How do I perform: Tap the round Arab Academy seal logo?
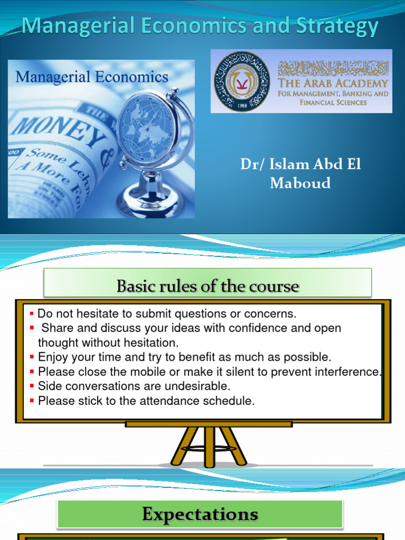click(242, 81)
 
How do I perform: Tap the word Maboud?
click(300, 183)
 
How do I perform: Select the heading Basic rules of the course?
click(208, 286)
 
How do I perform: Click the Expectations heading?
click(200, 514)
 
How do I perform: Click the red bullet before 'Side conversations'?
click(32, 385)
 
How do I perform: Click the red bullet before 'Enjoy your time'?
click(32, 357)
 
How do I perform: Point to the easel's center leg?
click(210, 446)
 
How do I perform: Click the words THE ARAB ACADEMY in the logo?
click(333, 83)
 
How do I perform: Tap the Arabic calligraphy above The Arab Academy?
click(333, 66)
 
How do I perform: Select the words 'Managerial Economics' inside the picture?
click(92, 77)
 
